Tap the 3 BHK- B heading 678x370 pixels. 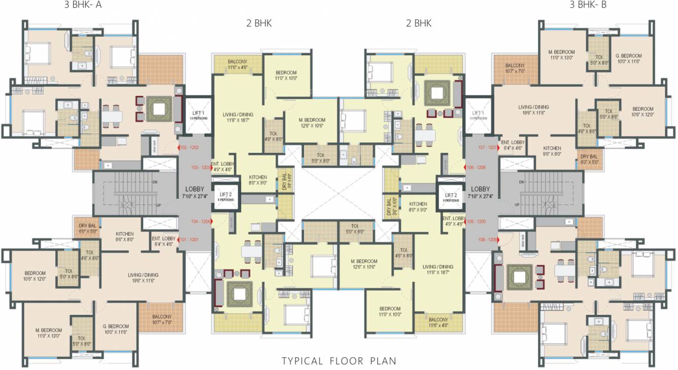pos(588,5)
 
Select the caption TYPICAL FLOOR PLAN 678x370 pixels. pos(339,361)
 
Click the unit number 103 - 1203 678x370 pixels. pos(199,167)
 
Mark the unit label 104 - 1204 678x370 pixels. pos(199,222)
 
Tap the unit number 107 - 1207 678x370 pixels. pos(486,148)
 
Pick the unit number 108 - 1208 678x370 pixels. pos(486,239)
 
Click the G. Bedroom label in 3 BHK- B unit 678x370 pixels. pos(629,58)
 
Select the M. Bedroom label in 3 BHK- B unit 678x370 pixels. pos(561,55)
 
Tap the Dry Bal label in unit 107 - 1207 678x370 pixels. pos(589,159)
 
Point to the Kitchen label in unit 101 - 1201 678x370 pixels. pos(124,237)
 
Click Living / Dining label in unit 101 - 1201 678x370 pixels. pos(143,278)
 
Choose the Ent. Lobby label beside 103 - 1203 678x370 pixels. pos(223,166)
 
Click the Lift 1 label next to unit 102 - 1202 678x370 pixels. pos(196,115)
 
